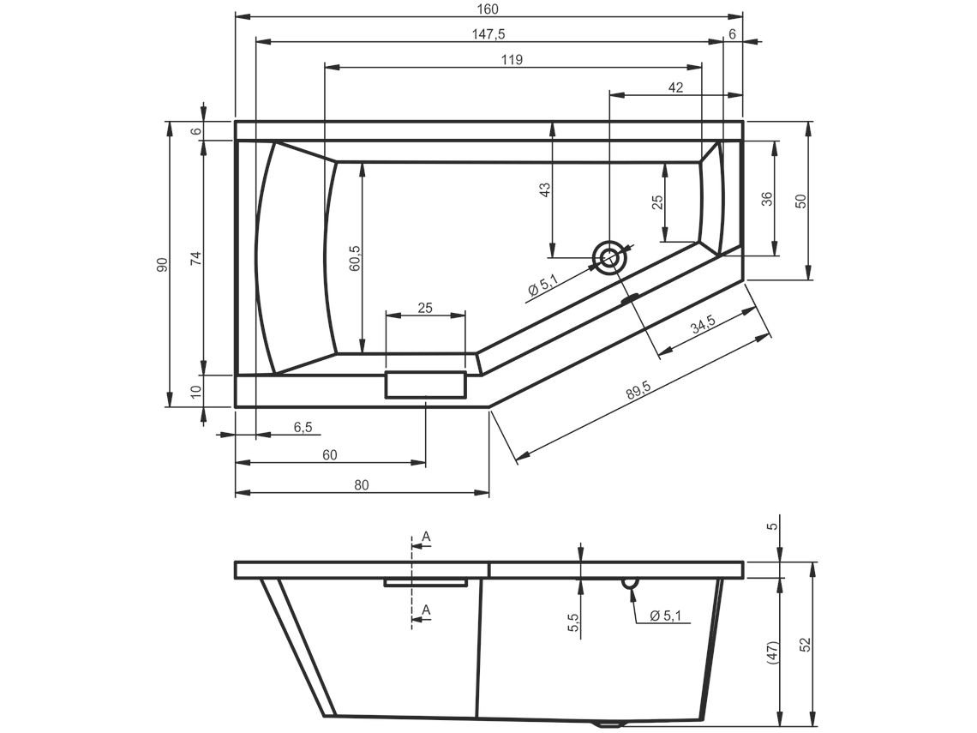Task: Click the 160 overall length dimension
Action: [x=489, y=9]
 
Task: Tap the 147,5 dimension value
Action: [x=489, y=35]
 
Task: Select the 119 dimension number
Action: [x=512, y=60]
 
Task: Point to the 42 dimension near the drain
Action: [x=675, y=88]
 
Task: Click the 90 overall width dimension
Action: [x=163, y=264]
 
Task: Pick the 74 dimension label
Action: [x=197, y=257]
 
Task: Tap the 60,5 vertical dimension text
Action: [x=355, y=257]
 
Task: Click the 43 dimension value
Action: [x=545, y=189]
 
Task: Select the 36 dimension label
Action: [x=767, y=198]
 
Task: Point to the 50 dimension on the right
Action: [x=801, y=201]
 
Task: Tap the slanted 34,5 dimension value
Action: [x=703, y=325]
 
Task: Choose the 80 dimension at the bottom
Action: [x=362, y=485]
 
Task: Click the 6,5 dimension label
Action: [x=303, y=427]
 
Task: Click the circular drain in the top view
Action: [x=609, y=257]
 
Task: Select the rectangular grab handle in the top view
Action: [x=426, y=385]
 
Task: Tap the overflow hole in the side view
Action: [x=630, y=583]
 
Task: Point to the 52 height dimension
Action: [x=806, y=644]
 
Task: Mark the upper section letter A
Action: [x=427, y=536]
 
